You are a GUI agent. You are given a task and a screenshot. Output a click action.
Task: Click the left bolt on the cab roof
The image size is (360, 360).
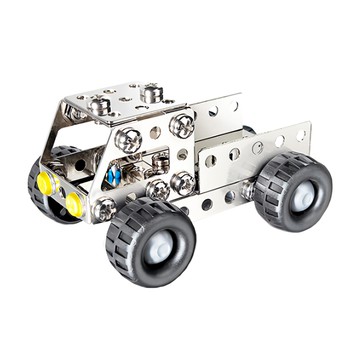click(x=99, y=103)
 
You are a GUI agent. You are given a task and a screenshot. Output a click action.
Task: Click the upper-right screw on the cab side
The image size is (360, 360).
click(x=181, y=125)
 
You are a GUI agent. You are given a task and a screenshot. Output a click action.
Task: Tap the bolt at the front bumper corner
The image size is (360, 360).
click(x=103, y=209)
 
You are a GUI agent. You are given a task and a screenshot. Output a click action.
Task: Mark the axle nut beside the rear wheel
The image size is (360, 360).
click(x=247, y=189)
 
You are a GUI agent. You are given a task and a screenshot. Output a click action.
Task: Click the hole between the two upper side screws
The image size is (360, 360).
click(x=156, y=132)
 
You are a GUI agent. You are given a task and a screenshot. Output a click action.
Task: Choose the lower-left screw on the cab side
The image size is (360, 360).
click(x=157, y=190)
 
